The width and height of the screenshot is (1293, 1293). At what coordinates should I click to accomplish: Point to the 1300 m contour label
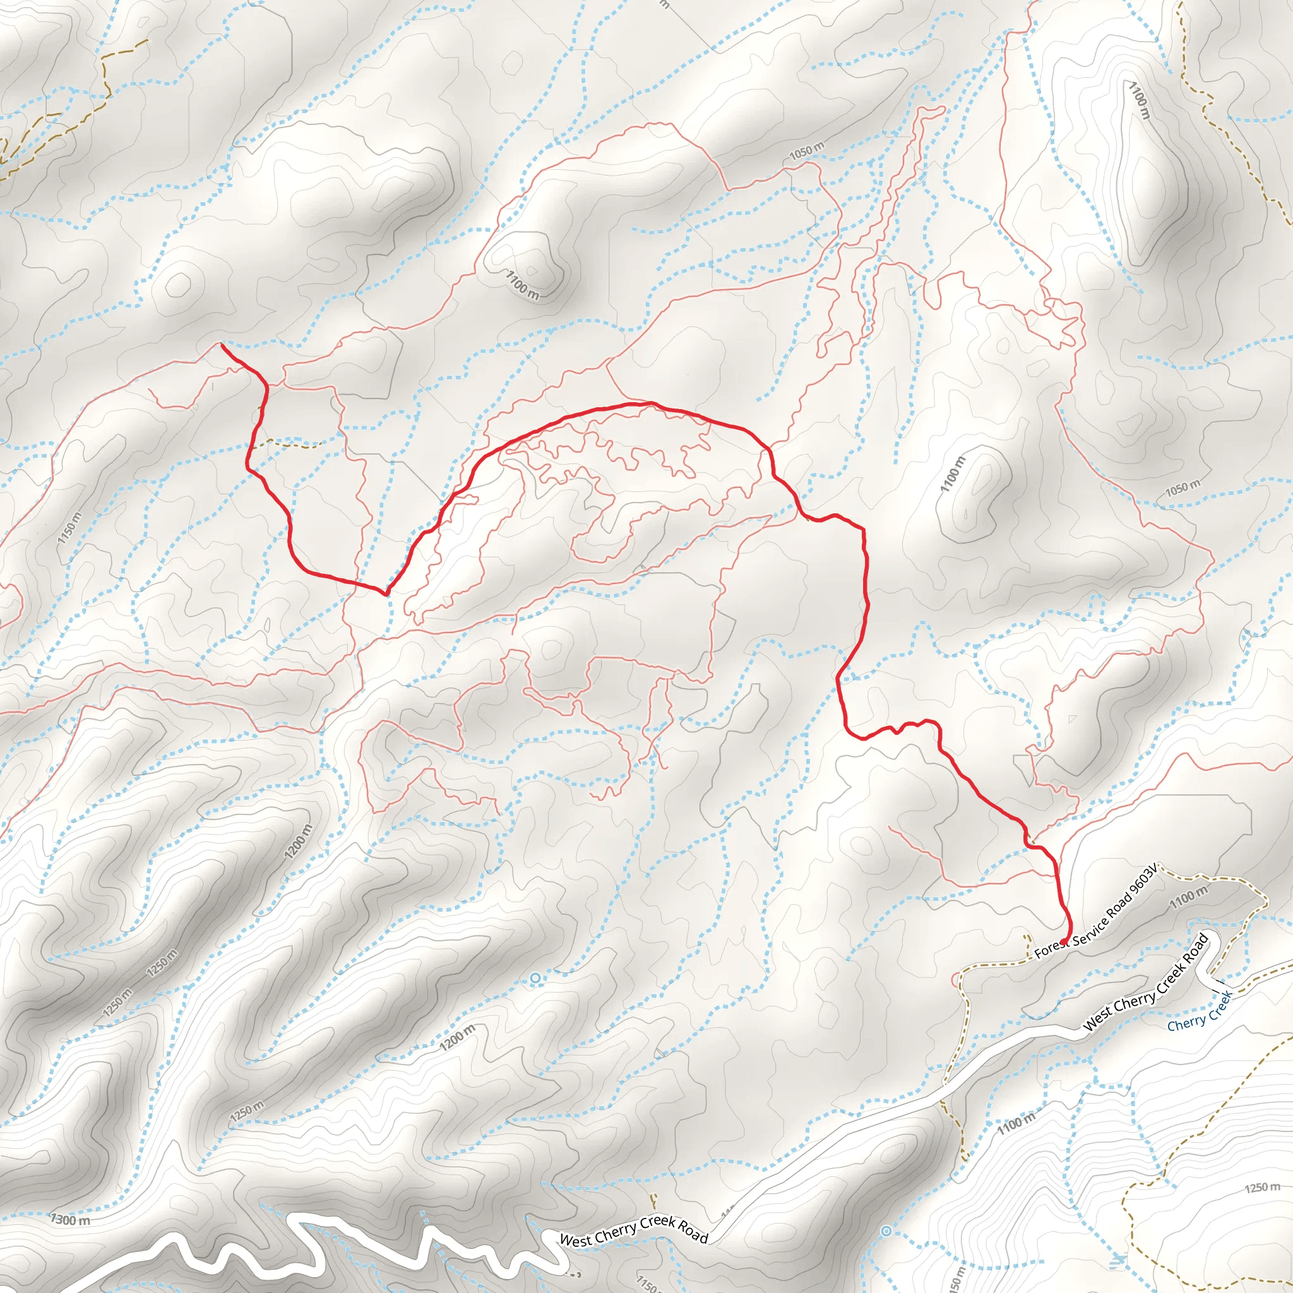pos(71,1219)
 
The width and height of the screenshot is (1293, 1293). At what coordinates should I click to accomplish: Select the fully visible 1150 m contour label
pos(70,528)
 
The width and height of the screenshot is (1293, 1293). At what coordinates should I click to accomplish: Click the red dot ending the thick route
pos(1064,941)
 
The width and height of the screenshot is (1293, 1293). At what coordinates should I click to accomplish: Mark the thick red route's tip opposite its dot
pos(222,345)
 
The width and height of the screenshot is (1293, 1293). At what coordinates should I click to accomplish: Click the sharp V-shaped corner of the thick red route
pos(386,593)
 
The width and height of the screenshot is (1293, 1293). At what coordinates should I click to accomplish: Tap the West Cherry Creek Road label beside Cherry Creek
pos(1147,982)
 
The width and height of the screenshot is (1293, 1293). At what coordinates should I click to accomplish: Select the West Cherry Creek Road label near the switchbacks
pos(633,1230)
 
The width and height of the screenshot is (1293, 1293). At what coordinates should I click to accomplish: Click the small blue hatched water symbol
pos(1116,1261)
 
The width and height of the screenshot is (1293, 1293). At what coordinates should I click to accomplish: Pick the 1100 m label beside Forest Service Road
pos(1189,896)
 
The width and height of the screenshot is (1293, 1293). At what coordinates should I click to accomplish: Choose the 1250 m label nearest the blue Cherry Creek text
pos(1262,1188)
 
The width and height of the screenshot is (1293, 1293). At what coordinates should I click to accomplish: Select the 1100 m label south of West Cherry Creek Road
pos(1016,1124)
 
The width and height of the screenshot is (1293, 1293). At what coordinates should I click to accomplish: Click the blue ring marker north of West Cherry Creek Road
pos(535,979)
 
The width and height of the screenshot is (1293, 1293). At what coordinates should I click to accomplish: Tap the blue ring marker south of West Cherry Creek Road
pos(886,1230)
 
